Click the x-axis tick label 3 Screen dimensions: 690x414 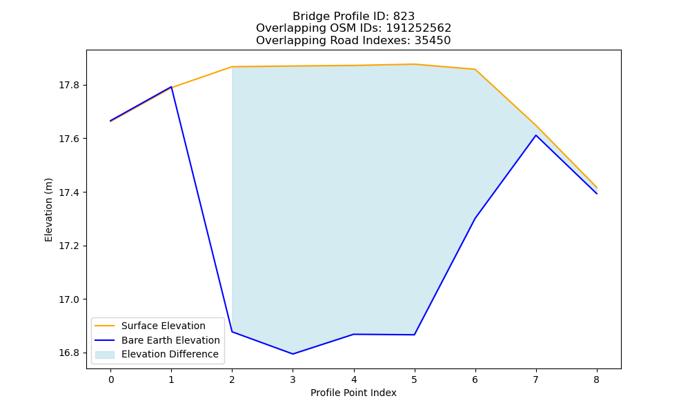tap(293, 379)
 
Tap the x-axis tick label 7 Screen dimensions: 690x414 tap(535, 379)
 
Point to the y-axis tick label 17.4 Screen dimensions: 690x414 tap(70, 193)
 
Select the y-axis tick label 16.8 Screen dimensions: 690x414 tap(70, 353)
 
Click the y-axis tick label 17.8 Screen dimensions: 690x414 tap(70, 86)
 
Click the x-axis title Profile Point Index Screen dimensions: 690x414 tap(353, 393)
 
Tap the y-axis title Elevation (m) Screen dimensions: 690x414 tap(48, 210)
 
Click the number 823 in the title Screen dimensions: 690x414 tap(404, 17)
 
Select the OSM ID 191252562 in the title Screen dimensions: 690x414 tap(419, 28)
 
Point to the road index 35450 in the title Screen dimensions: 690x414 tap(432, 41)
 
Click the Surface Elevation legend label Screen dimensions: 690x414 tap(164, 326)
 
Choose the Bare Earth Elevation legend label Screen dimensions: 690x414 tap(170, 340)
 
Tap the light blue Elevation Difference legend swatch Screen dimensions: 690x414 tap(105, 355)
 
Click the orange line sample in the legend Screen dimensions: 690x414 tap(105, 326)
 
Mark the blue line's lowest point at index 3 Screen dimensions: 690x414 tap(293, 354)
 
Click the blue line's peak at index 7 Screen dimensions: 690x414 tap(535, 135)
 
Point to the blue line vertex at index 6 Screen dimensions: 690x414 tap(475, 218)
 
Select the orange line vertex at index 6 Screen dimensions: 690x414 tap(475, 70)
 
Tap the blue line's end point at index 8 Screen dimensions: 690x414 tap(597, 194)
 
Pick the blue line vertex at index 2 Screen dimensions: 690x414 tap(232, 332)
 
